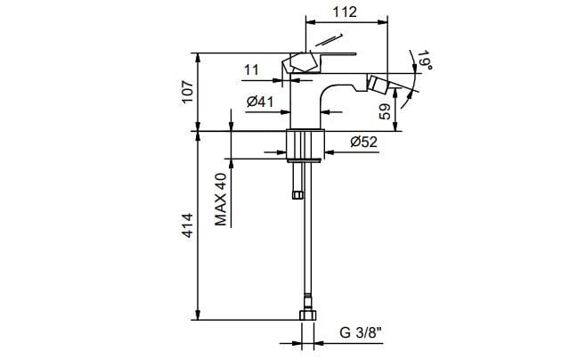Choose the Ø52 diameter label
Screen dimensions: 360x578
(x=365, y=142)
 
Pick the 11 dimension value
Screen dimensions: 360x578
(x=251, y=69)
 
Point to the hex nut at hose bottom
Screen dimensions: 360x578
(x=306, y=317)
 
